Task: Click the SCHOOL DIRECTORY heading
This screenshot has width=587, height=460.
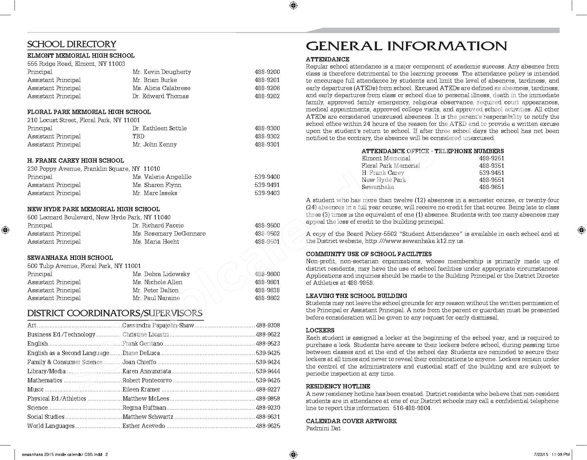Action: click(x=72, y=44)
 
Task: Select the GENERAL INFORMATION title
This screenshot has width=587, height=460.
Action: click(x=406, y=46)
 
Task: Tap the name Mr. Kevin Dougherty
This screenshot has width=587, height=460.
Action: click(x=161, y=72)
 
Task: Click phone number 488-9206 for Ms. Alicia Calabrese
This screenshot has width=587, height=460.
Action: click(x=267, y=88)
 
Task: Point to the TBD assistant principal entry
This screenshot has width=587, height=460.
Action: click(x=138, y=136)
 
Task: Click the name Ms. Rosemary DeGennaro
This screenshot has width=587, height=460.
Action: click(x=169, y=234)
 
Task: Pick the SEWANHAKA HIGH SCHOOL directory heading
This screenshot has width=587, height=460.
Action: click(x=70, y=258)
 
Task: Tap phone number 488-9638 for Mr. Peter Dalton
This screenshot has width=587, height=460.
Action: click(x=267, y=290)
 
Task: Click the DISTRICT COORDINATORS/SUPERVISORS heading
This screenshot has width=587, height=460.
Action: click(x=115, y=313)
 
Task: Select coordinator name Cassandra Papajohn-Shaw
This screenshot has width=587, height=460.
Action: click(x=158, y=325)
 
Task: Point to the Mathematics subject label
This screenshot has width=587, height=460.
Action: click(x=45, y=380)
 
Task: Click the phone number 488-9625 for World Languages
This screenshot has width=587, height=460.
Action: click(x=268, y=426)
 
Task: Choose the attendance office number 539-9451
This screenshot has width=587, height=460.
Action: click(x=491, y=173)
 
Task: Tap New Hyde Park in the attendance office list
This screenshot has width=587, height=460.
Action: click(x=383, y=180)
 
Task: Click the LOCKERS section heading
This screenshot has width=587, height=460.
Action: click(x=320, y=330)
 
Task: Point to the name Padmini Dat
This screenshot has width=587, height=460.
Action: click(x=323, y=428)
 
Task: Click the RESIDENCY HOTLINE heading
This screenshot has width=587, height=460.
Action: click(x=338, y=386)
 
